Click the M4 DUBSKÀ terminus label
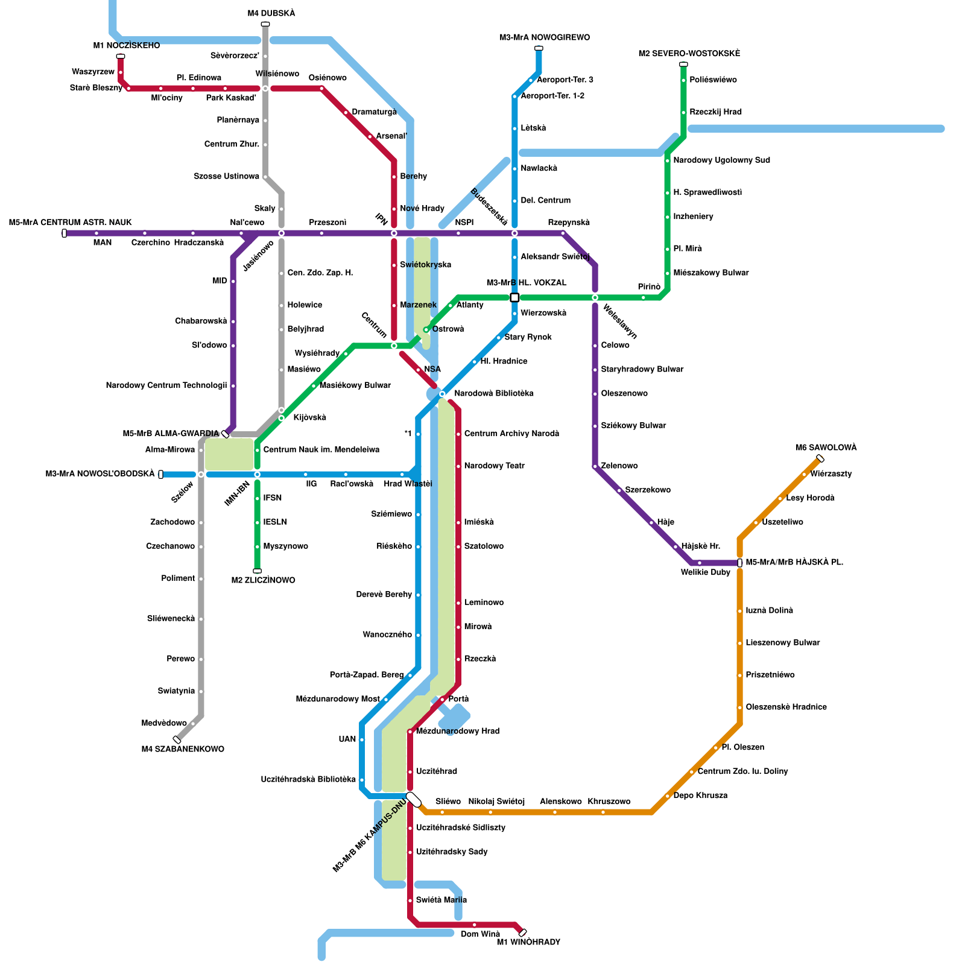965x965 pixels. pyautogui.click(x=271, y=13)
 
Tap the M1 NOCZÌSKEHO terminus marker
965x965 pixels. pyautogui.click(x=121, y=56)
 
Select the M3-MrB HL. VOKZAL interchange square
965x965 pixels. pyautogui.click(x=514, y=297)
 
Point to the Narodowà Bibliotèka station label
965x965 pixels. pyautogui.click(x=493, y=393)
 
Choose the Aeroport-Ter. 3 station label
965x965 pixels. pyautogui.click(x=565, y=80)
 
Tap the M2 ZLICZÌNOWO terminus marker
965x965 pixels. pyautogui.click(x=257, y=571)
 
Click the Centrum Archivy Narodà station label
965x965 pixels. pyautogui.click(x=511, y=434)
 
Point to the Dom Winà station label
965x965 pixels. pyautogui.click(x=480, y=934)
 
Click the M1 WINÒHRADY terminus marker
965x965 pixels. pyautogui.click(x=522, y=932)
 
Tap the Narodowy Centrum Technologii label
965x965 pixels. pyautogui.click(x=166, y=385)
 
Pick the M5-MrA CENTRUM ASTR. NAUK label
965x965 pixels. pyautogui.click(x=70, y=223)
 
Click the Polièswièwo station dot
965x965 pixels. pyautogui.click(x=683, y=80)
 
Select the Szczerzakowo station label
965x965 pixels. pyautogui.click(x=648, y=490)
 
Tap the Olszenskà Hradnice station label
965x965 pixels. pyautogui.click(x=786, y=707)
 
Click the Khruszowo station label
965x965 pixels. pyautogui.click(x=609, y=802)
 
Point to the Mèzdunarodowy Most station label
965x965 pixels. pyautogui.click(x=338, y=699)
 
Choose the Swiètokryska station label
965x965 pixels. pyautogui.click(x=425, y=265)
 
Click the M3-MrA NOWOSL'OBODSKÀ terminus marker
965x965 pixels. pyautogui.click(x=160, y=474)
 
